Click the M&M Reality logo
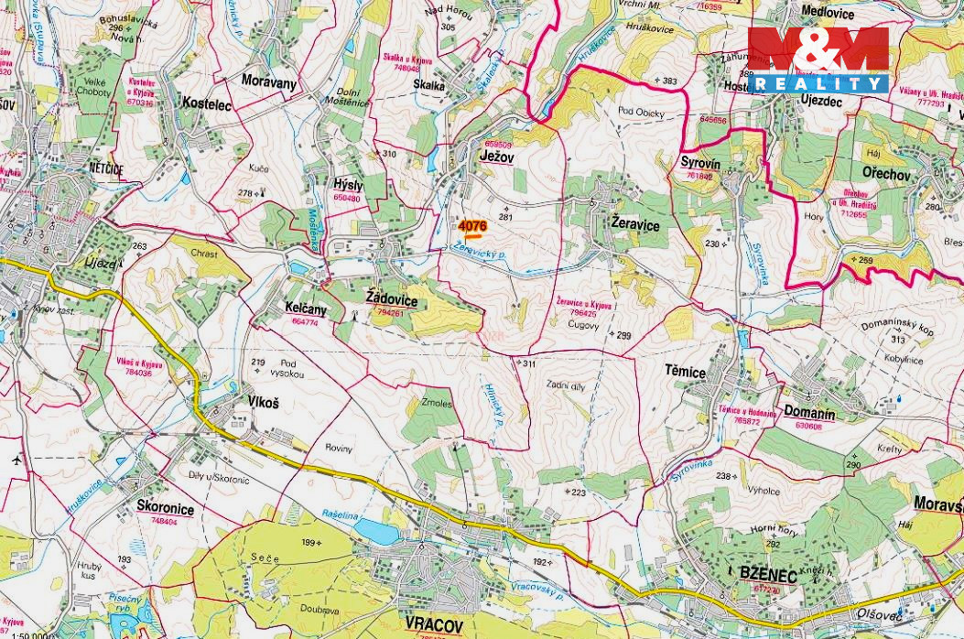pyautogui.click(x=818, y=59)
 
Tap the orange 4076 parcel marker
pyautogui.click(x=472, y=227)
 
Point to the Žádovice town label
pyautogui.click(x=391, y=300)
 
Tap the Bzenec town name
pyautogui.click(x=768, y=574)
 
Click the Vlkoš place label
pyautogui.click(x=263, y=401)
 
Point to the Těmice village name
pyautogui.click(x=685, y=372)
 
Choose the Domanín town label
pyautogui.click(x=809, y=414)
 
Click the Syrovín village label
pyautogui.click(x=700, y=162)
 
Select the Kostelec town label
pyautogui.click(x=207, y=105)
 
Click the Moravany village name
pyautogui.click(x=269, y=81)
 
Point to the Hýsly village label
pyautogui.click(x=348, y=185)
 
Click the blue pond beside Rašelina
pyautogui.click(x=375, y=531)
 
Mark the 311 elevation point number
pyautogui.click(x=528, y=363)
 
